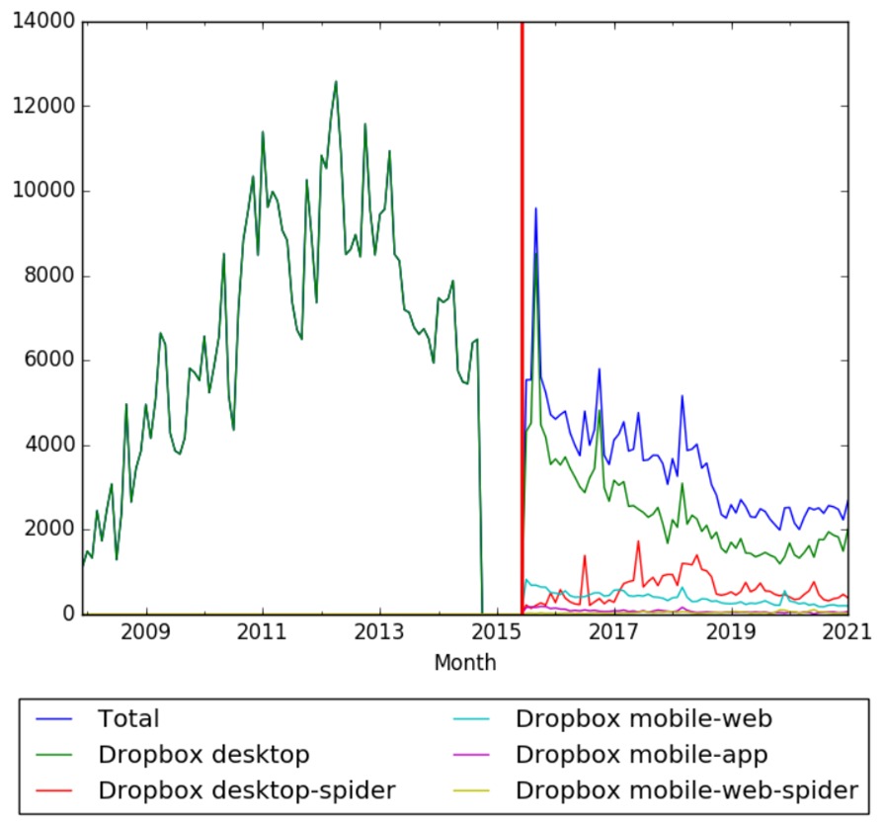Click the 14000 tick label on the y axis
click(x=41, y=23)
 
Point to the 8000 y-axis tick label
click(x=46, y=277)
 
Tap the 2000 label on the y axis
click(x=46, y=531)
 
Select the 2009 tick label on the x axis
click(x=146, y=632)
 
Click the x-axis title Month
click(x=464, y=663)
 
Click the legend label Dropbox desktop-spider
click(x=247, y=789)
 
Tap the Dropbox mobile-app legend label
click(x=642, y=755)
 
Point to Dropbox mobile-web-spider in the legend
click(x=686, y=789)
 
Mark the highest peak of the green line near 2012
click(x=336, y=82)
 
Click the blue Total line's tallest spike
click(x=535, y=208)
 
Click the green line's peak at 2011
click(x=263, y=132)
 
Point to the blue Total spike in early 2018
click(x=682, y=396)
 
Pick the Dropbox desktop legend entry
click(x=203, y=755)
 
